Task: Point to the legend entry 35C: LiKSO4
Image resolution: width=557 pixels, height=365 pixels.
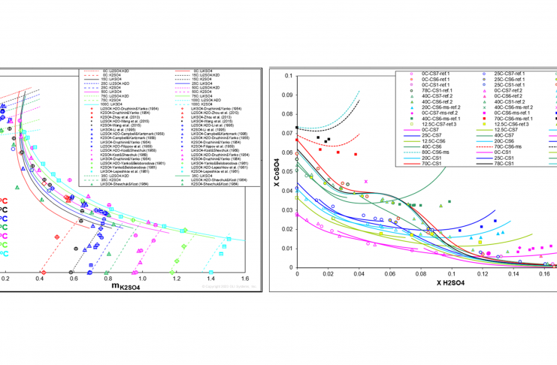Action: coord(201,176)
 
